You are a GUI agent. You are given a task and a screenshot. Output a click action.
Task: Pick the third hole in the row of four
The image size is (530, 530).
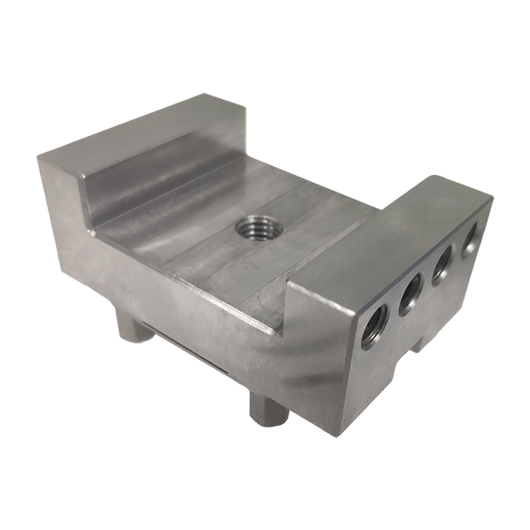(x=442, y=263)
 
